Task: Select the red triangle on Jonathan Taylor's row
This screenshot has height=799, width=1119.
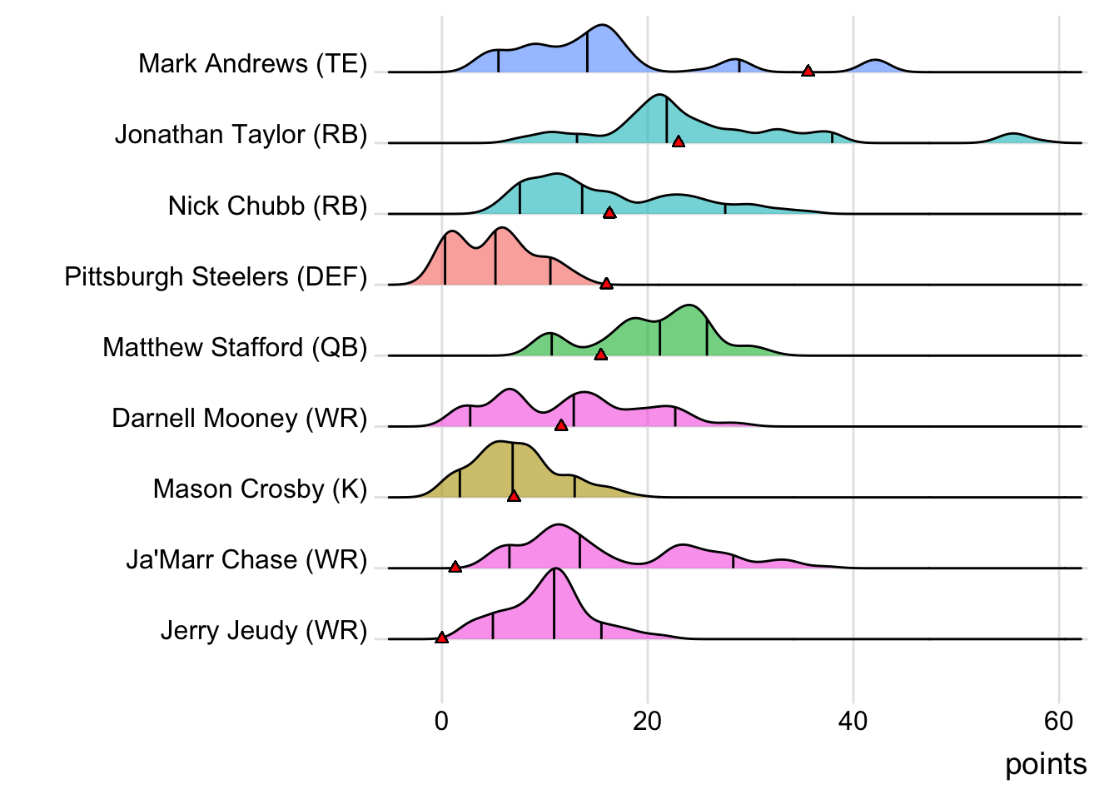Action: point(679,142)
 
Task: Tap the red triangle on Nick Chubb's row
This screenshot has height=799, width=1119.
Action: point(609,213)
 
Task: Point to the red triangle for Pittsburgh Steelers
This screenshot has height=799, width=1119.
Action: point(606,284)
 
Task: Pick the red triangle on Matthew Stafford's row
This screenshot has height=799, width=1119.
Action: point(600,355)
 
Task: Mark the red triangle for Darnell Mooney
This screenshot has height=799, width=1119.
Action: point(561,425)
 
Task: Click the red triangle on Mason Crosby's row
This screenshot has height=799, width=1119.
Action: point(514,496)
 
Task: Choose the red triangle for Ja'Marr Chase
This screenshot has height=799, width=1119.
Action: point(455,567)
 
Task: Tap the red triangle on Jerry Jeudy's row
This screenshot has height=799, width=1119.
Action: point(441,638)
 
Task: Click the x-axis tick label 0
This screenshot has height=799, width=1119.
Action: point(441,721)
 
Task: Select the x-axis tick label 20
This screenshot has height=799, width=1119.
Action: point(647,721)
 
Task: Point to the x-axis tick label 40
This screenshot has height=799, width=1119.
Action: point(853,721)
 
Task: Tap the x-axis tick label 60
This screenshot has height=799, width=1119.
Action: point(1058,721)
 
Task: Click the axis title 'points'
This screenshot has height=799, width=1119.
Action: point(1046,764)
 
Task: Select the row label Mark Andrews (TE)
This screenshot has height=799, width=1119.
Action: point(252,63)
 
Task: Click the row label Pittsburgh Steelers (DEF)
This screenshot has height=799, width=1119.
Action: point(216,276)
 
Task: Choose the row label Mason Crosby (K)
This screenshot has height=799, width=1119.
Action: point(260,489)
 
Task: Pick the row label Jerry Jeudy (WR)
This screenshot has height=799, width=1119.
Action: point(263,630)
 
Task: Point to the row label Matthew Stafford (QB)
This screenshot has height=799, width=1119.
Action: point(235,347)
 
